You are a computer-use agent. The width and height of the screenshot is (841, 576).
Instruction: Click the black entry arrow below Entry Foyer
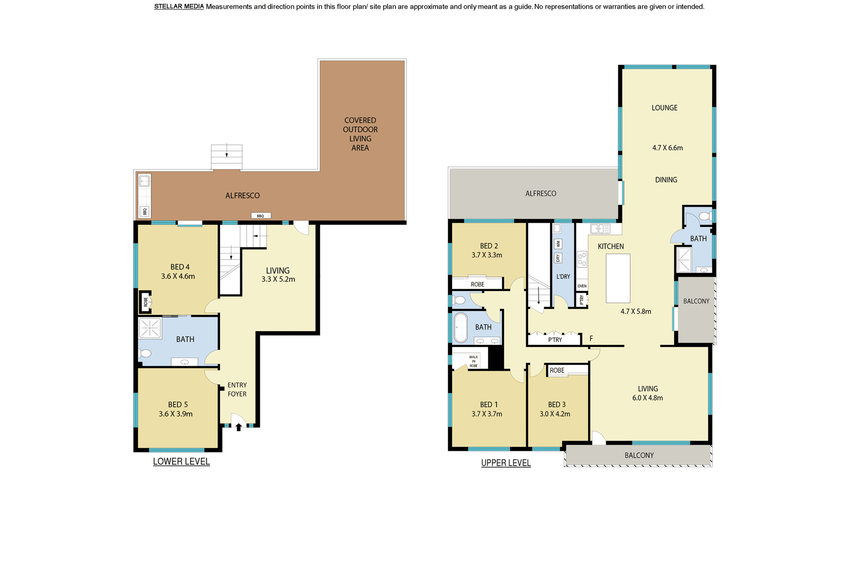[x=239, y=427]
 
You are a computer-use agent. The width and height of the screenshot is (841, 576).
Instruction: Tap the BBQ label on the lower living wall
[x=261, y=216]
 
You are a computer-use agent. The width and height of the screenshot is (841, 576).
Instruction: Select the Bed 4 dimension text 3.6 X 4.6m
[x=178, y=276]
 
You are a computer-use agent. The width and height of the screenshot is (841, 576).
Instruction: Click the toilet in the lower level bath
[x=145, y=353]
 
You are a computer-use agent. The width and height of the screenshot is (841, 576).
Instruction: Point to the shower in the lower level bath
[x=150, y=328]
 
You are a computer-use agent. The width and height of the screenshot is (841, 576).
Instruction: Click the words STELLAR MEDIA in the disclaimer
[x=179, y=7]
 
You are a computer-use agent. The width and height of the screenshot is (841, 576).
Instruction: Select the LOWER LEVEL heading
[x=181, y=461]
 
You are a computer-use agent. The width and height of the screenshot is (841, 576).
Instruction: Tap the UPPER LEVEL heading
[x=506, y=463]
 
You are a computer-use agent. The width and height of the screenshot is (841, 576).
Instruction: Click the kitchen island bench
[x=618, y=278]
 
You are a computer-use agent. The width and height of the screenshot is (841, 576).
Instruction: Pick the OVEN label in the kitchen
[x=582, y=286]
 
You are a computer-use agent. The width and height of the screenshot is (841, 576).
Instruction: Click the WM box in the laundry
[x=558, y=244]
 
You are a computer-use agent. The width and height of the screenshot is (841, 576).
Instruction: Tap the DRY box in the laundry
[x=558, y=258]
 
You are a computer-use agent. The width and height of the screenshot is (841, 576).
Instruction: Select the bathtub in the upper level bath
[x=460, y=327]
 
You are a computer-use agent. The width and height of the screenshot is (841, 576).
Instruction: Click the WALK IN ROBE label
[x=474, y=361]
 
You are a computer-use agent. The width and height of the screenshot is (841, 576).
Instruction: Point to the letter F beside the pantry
[x=591, y=338]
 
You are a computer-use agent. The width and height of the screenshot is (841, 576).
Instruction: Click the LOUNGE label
[x=664, y=108]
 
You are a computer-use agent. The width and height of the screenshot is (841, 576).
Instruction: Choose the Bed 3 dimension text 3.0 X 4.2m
[x=555, y=414]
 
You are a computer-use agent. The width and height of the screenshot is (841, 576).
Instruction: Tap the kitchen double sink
[x=600, y=228]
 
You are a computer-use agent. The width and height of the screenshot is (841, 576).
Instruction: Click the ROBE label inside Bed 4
[x=146, y=302]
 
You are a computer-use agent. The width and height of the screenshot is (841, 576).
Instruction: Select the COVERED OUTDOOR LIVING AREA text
[x=360, y=134]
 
